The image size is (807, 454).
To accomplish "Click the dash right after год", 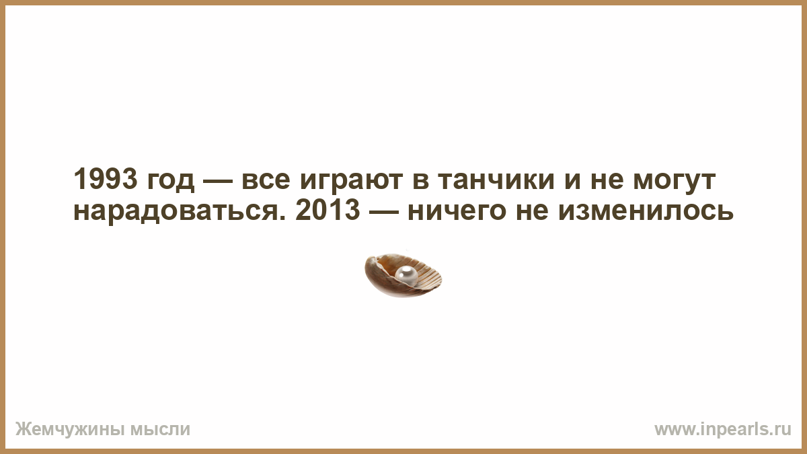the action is click(x=218, y=180).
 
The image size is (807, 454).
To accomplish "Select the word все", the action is click(x=266, y=182).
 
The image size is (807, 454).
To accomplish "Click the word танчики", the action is click(x=496, y=182).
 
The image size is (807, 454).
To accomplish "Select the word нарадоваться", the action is click(x=176, y=213).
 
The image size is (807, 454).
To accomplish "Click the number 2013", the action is click(x=328, y=211).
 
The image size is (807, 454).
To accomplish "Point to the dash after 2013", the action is click(x=384, y=211).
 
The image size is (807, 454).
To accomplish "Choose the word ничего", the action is click(x=457, y=213).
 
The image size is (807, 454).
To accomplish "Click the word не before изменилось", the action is click(x=533, y=213).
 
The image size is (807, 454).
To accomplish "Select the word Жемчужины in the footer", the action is click(x=69, y=429).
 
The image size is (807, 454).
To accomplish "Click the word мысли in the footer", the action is click(x=160, y=430).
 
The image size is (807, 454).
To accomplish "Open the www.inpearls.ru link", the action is click(x=723, y=430).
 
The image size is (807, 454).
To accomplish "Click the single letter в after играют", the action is click(x=420, y=182).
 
